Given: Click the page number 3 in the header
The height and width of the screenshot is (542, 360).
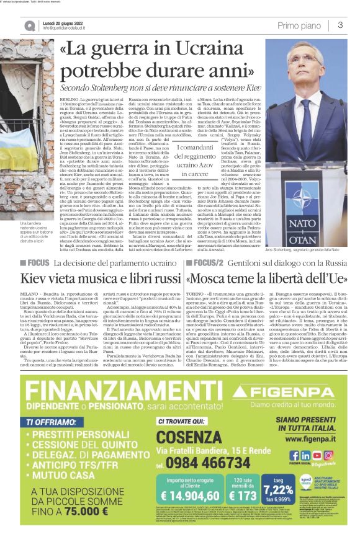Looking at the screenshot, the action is (341, 25).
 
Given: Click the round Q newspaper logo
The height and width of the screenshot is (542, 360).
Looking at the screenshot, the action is (29, 25).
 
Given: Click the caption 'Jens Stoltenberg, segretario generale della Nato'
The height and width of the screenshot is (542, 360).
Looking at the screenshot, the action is (297, 249).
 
